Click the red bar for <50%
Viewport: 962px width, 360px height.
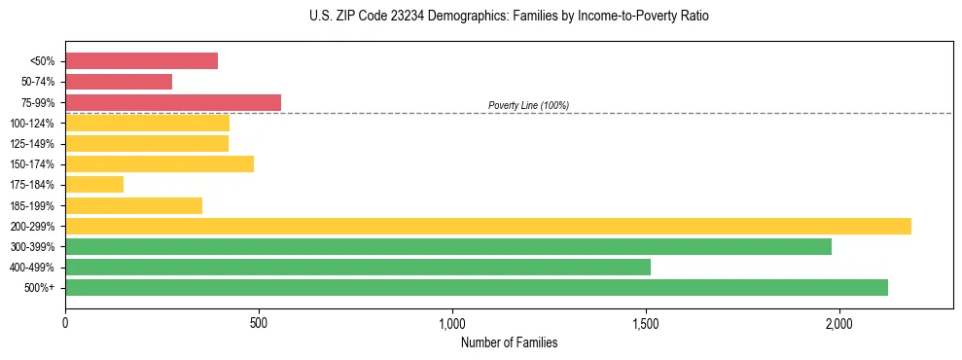pyautogui.click(x=141, y=61)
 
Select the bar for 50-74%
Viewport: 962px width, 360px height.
pyautogui.click(x=119, y=82)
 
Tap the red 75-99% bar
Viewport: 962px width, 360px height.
pyautogui.click(x=173, y=102)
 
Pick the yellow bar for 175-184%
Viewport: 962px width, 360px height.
pyautogui.click(x=94, y=185)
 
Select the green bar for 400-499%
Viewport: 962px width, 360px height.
pyautogui.click(x=358, y=267)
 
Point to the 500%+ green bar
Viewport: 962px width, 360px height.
pyautogui.click(x=477, y=287)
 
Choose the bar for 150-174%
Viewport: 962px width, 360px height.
pyautogui.click(x=160, y=164)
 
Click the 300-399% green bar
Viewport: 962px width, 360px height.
pyautogui.click(x=448, y=246)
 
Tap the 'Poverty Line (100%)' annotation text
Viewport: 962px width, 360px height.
pyautogui.click(x=528, y=105)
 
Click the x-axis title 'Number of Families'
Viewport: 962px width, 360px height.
pyautogui.click(x=509, y=342)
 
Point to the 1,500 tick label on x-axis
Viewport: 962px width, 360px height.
pyautogui.click(x=647, y=323)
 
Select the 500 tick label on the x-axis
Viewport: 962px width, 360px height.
pyautogui.click(x=259, y=323)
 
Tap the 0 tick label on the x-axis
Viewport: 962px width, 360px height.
pyautogui.click(x=65, y=323)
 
